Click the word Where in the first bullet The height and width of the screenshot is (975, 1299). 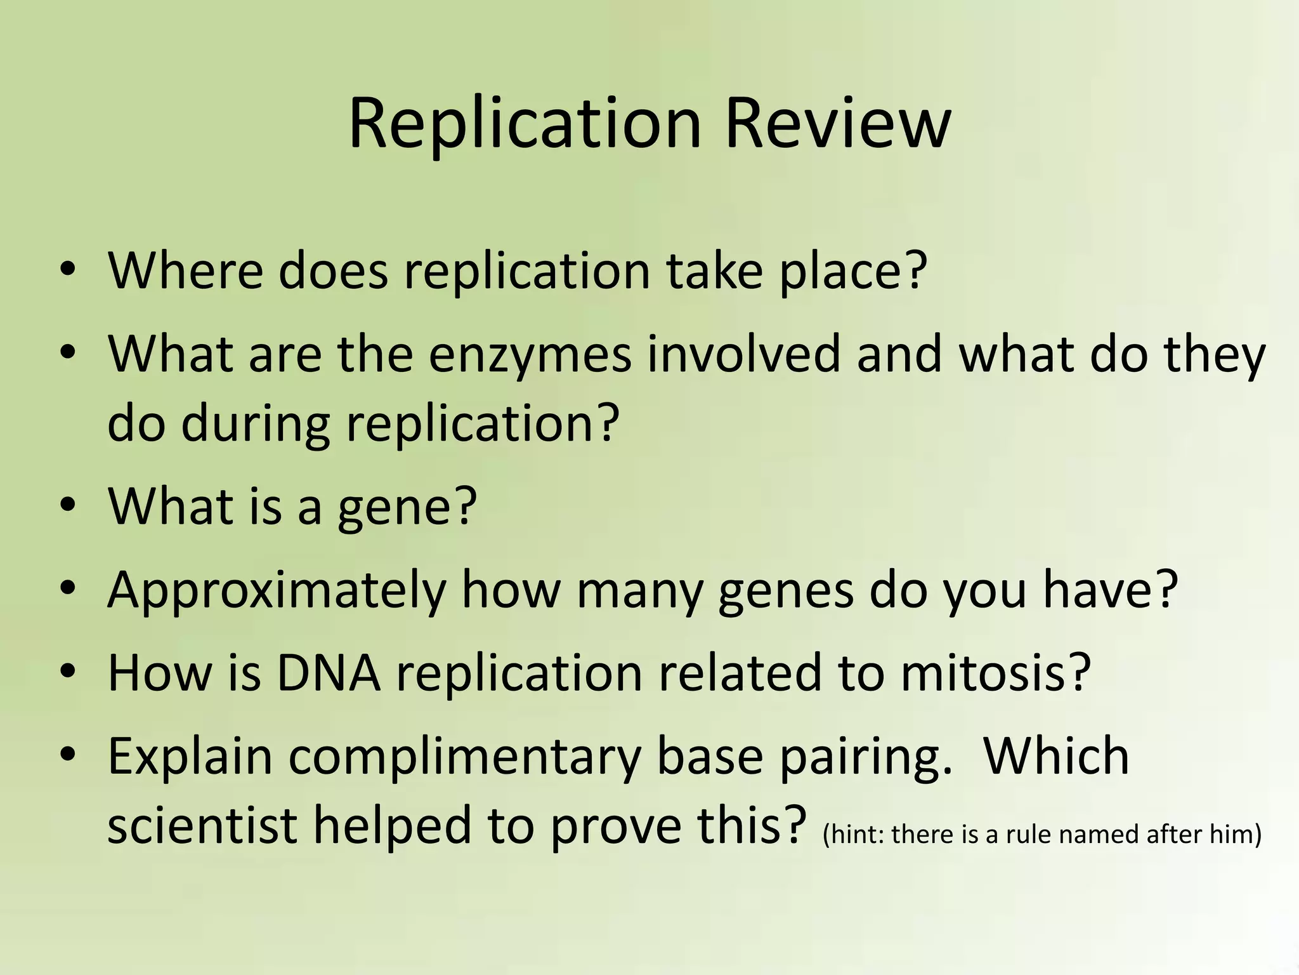[x=185, y=270]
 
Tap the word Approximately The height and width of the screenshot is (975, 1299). [x=277, y=590]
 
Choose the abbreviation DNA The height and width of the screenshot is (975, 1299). [x=329, y=673]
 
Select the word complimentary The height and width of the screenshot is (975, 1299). [x=464, y=757]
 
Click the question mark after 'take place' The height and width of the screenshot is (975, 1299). [x=915, y=270]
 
